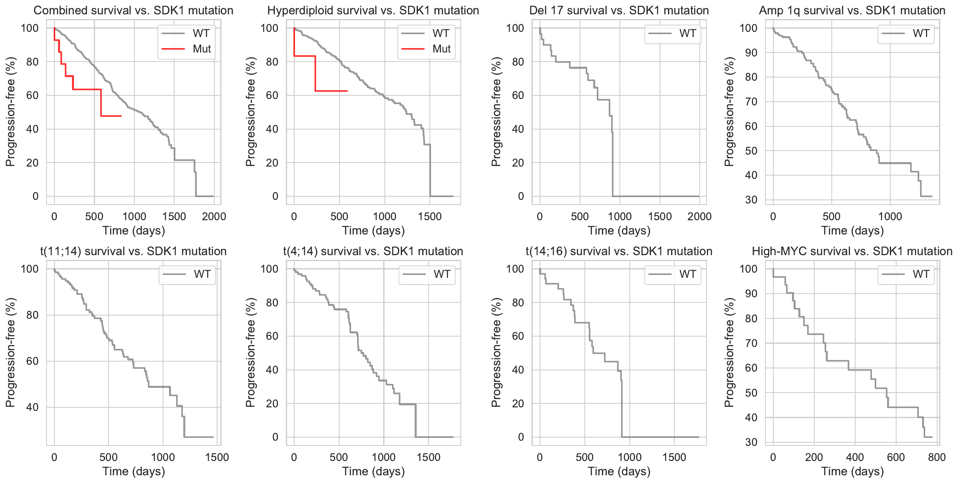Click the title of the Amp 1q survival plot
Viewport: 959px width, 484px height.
pos(852,10)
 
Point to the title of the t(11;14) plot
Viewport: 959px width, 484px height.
pos(133,251)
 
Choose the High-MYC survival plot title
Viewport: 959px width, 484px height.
pos(852,251)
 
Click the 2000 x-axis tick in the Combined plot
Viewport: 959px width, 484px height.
pos(214,217)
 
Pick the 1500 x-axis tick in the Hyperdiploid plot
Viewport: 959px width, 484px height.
pos(430,217)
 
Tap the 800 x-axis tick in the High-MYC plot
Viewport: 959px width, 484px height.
pos(937,457)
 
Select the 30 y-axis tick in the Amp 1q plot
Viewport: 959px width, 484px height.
pos(751,200)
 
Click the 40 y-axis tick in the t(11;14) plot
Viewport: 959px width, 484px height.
pos(30,407)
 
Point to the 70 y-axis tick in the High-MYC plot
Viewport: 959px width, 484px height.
pos(751,343)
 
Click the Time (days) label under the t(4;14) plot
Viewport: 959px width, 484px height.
pos(373,471)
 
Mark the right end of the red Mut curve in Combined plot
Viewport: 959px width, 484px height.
pos(121,116)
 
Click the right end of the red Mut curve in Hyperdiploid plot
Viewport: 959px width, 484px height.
pos(347,91)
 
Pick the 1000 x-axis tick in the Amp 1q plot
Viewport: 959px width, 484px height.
pos(890,217)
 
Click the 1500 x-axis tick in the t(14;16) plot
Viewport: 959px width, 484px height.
pos(674,457)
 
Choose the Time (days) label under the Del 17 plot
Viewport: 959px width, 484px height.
pos(619,230)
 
